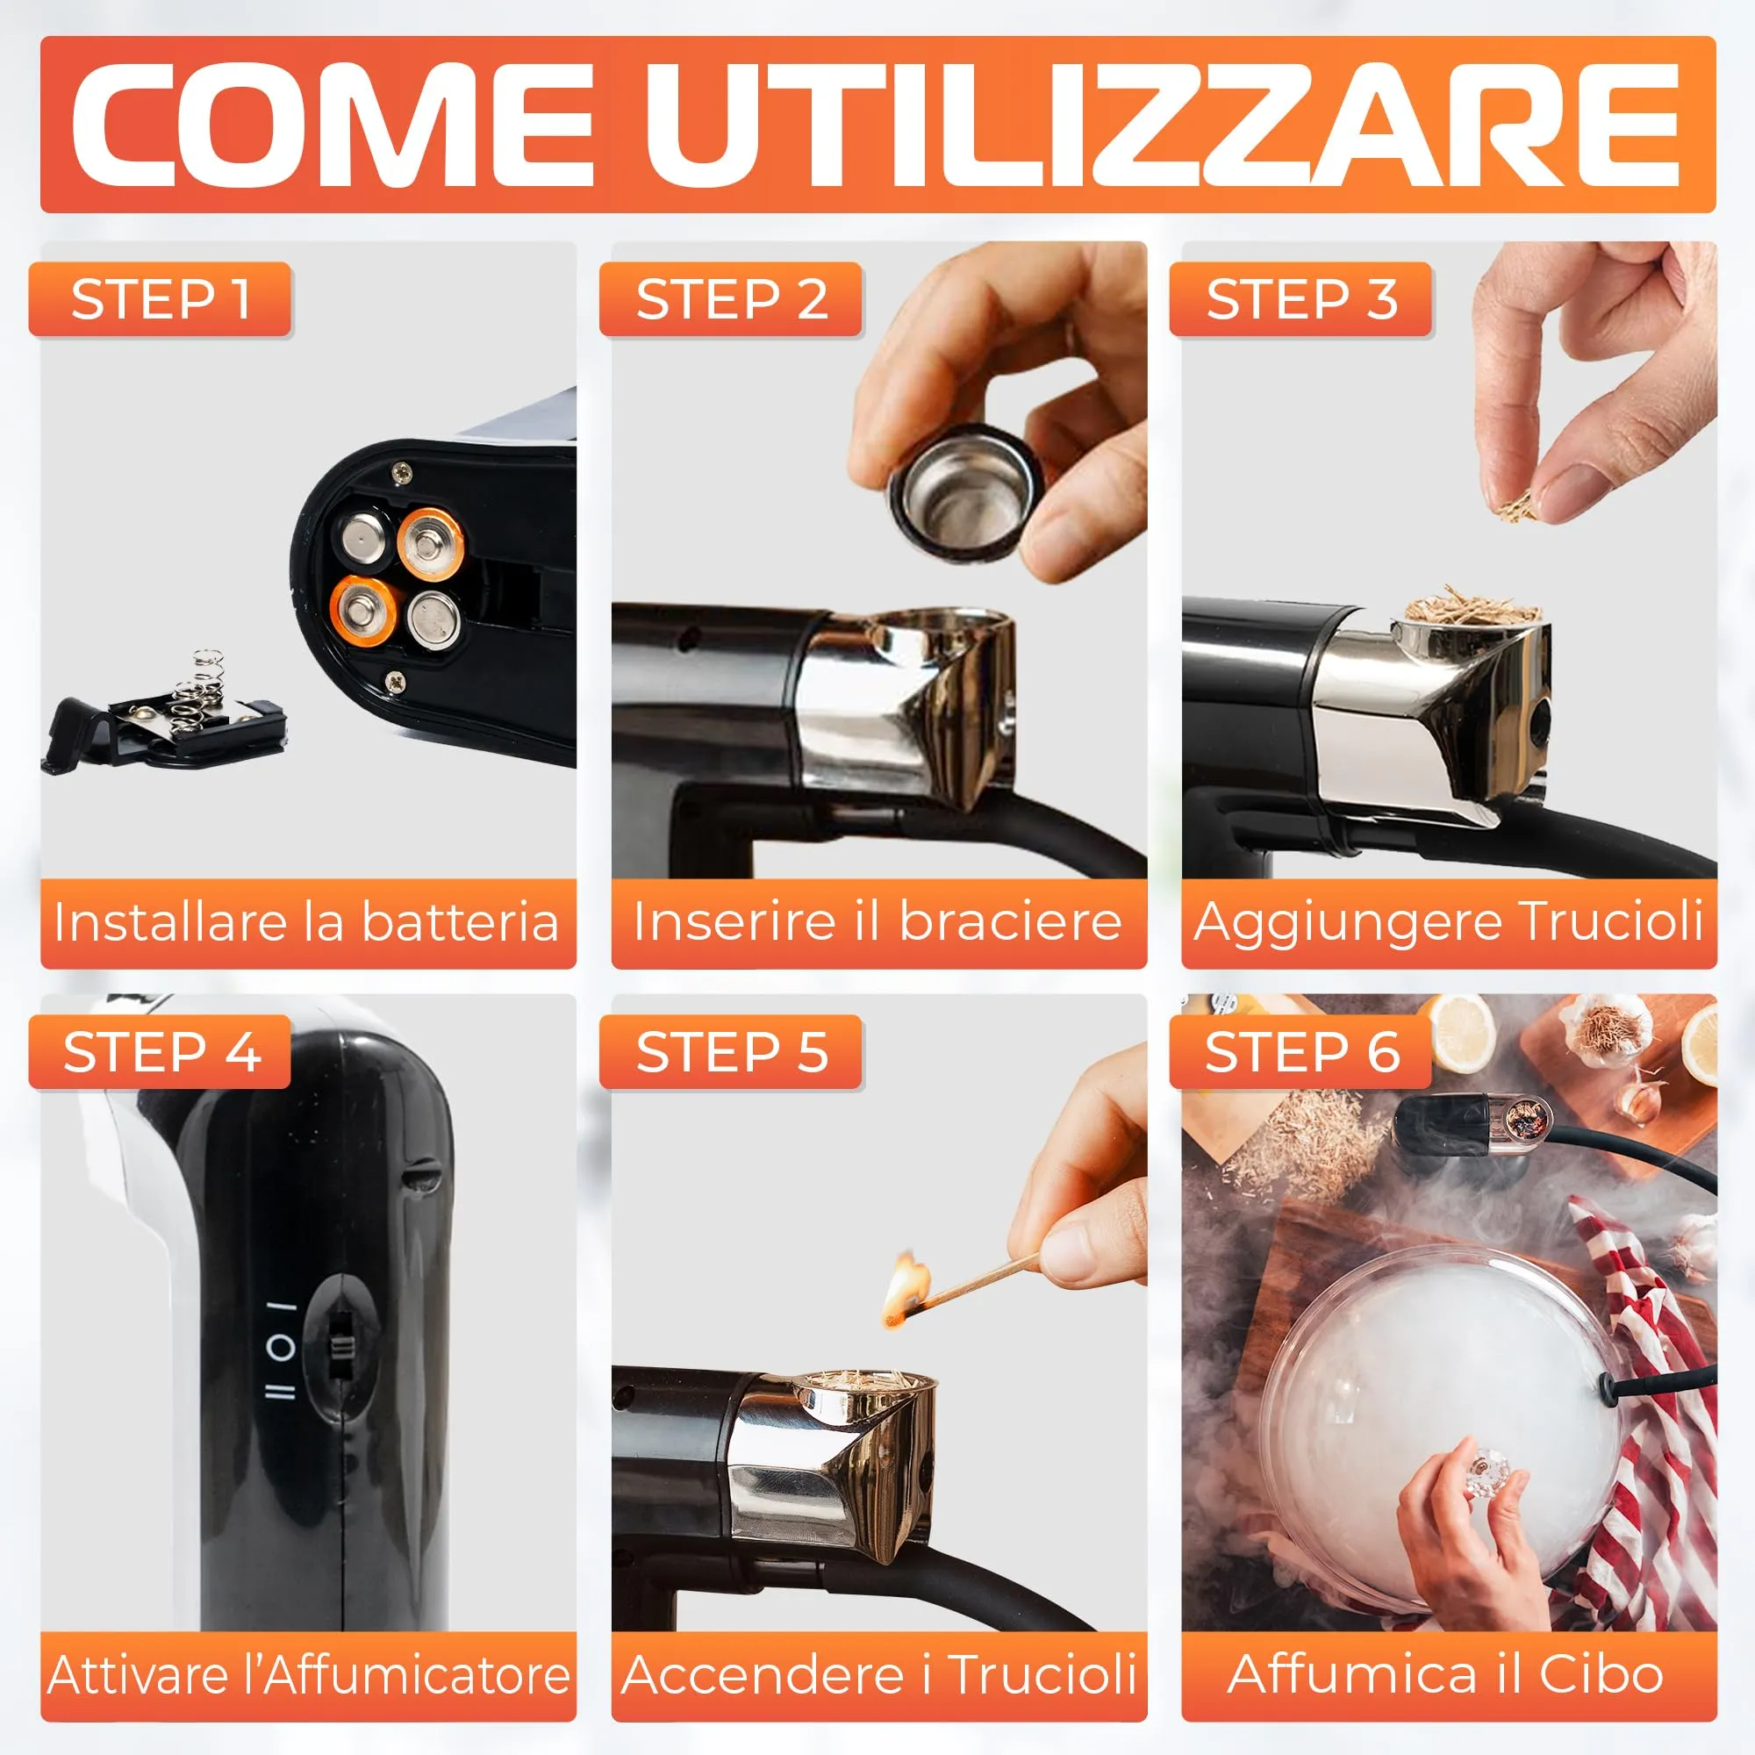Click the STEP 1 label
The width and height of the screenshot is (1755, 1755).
[160, 300]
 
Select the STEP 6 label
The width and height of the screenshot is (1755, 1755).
[1301, 1052]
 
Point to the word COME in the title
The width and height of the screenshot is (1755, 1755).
[333, 125]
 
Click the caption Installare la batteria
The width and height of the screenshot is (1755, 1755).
[306, 922]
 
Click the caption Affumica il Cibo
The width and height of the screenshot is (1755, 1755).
[1446, 1673]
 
